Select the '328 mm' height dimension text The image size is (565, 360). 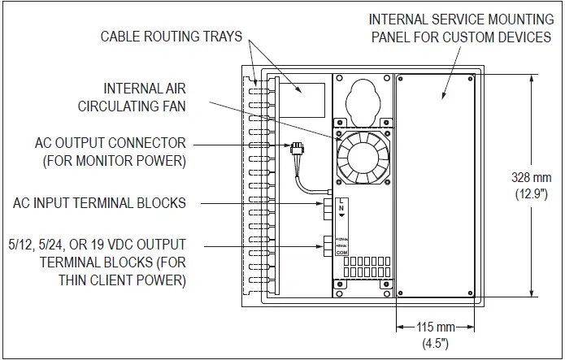coord(532,177)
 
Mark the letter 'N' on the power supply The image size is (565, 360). coord(341,209)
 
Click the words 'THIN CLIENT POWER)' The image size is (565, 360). coord(121,281)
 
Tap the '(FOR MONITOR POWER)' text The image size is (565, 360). coord(113,161)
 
